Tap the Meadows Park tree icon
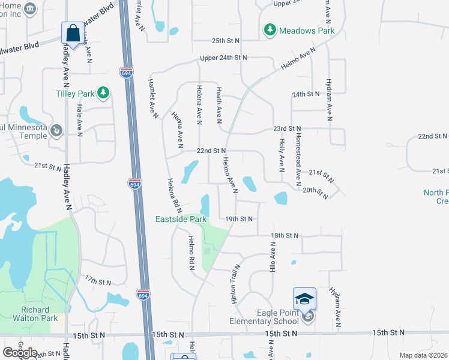(270, 29)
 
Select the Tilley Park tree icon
(104, 92)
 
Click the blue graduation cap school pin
(304, 298)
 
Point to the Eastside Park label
(181, 219)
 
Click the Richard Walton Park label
(35, 314)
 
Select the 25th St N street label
(225, 41)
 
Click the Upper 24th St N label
(223, 58)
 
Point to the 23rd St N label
(287, 129)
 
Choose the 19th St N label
(240, 219)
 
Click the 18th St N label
(285, 236)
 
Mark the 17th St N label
(98, 281)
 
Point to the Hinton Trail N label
(234, 283)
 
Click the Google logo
(20, 352)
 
